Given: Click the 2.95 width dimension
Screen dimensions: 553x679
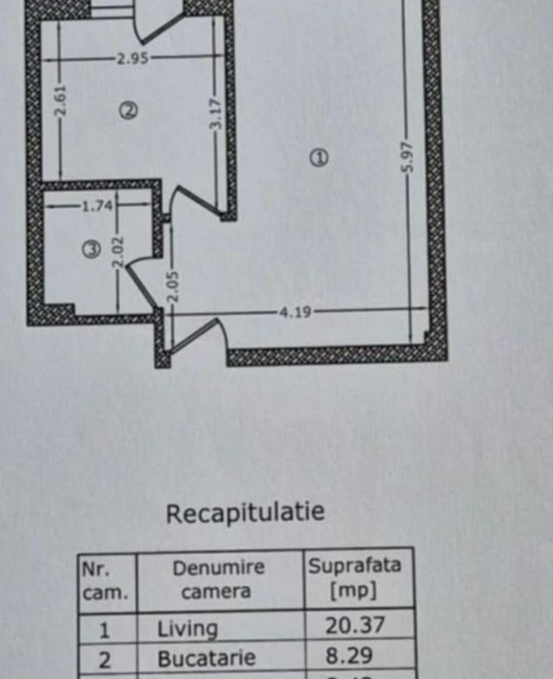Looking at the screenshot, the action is point(133,58).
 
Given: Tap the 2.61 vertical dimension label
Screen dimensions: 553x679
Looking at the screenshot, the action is point(60,101).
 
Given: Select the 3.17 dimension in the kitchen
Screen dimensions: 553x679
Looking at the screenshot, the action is point(216,113).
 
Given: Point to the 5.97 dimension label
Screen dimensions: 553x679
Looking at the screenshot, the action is point(408,157).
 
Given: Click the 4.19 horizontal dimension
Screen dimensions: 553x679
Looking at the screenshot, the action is point(296,311).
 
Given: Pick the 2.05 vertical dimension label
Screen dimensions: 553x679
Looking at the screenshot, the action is point(172,286).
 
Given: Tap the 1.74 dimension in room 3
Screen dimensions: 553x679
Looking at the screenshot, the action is point(98,206).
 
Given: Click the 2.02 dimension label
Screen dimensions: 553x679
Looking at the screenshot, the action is point(118,251).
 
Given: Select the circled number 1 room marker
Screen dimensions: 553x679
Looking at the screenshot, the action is point(319,157).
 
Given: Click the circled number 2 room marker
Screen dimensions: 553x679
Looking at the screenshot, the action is point(129,111).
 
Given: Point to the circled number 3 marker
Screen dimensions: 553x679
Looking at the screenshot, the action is point(92,248).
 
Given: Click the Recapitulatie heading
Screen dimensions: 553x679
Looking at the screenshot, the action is point(245,512).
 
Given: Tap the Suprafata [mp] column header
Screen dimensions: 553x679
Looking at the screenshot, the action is point(355,578).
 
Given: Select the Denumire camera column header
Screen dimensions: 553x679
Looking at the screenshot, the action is point(218,579).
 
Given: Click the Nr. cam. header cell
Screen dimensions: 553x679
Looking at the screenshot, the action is point(105,580).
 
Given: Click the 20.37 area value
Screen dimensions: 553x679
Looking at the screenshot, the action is point(355,625).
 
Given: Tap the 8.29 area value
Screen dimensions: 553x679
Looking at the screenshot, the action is point(349,656).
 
